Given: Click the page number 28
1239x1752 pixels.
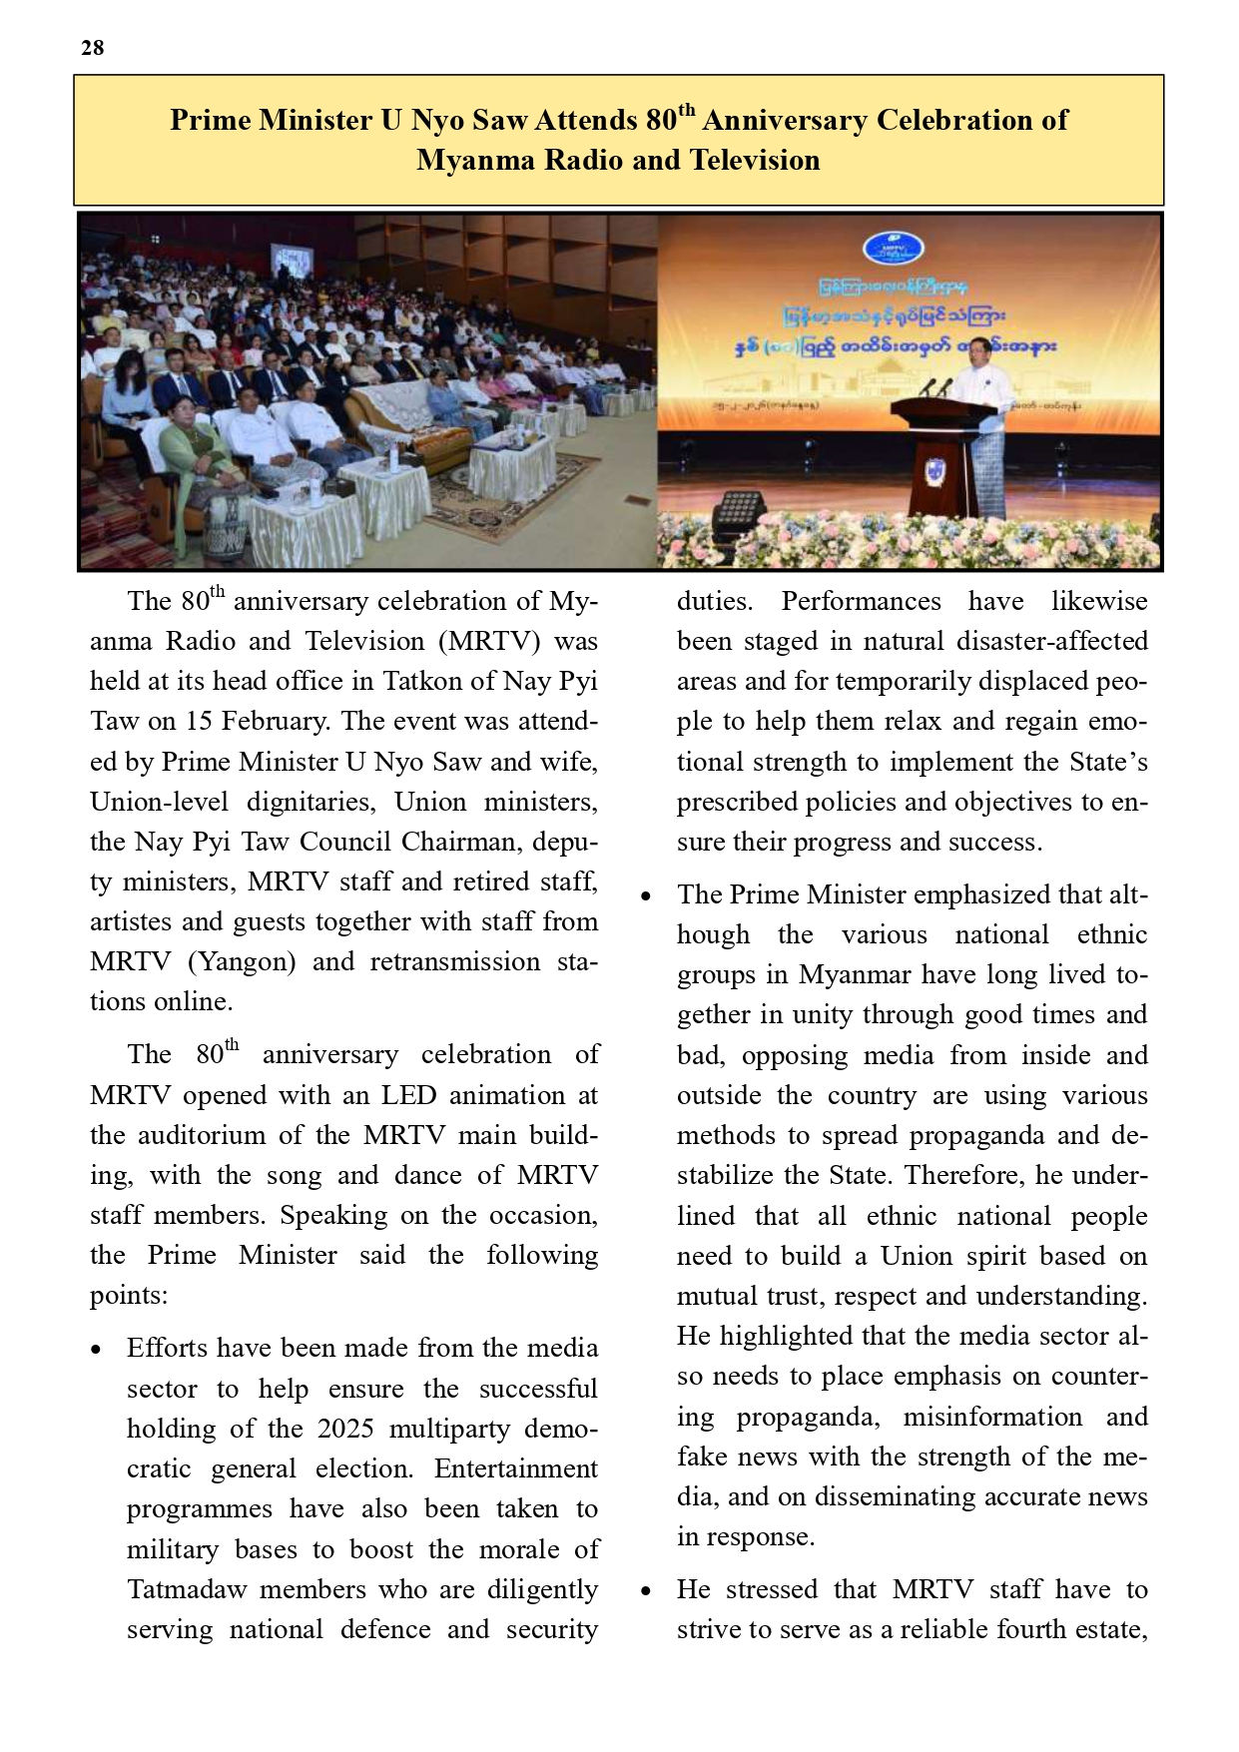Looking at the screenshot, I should [x=93, y=48].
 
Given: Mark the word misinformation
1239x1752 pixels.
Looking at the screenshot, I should [x=992, y=1418].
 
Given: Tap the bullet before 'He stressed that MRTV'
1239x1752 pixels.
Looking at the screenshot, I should [x=646, y=1591].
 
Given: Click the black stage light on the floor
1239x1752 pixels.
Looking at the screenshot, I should [x=736, y=513].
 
